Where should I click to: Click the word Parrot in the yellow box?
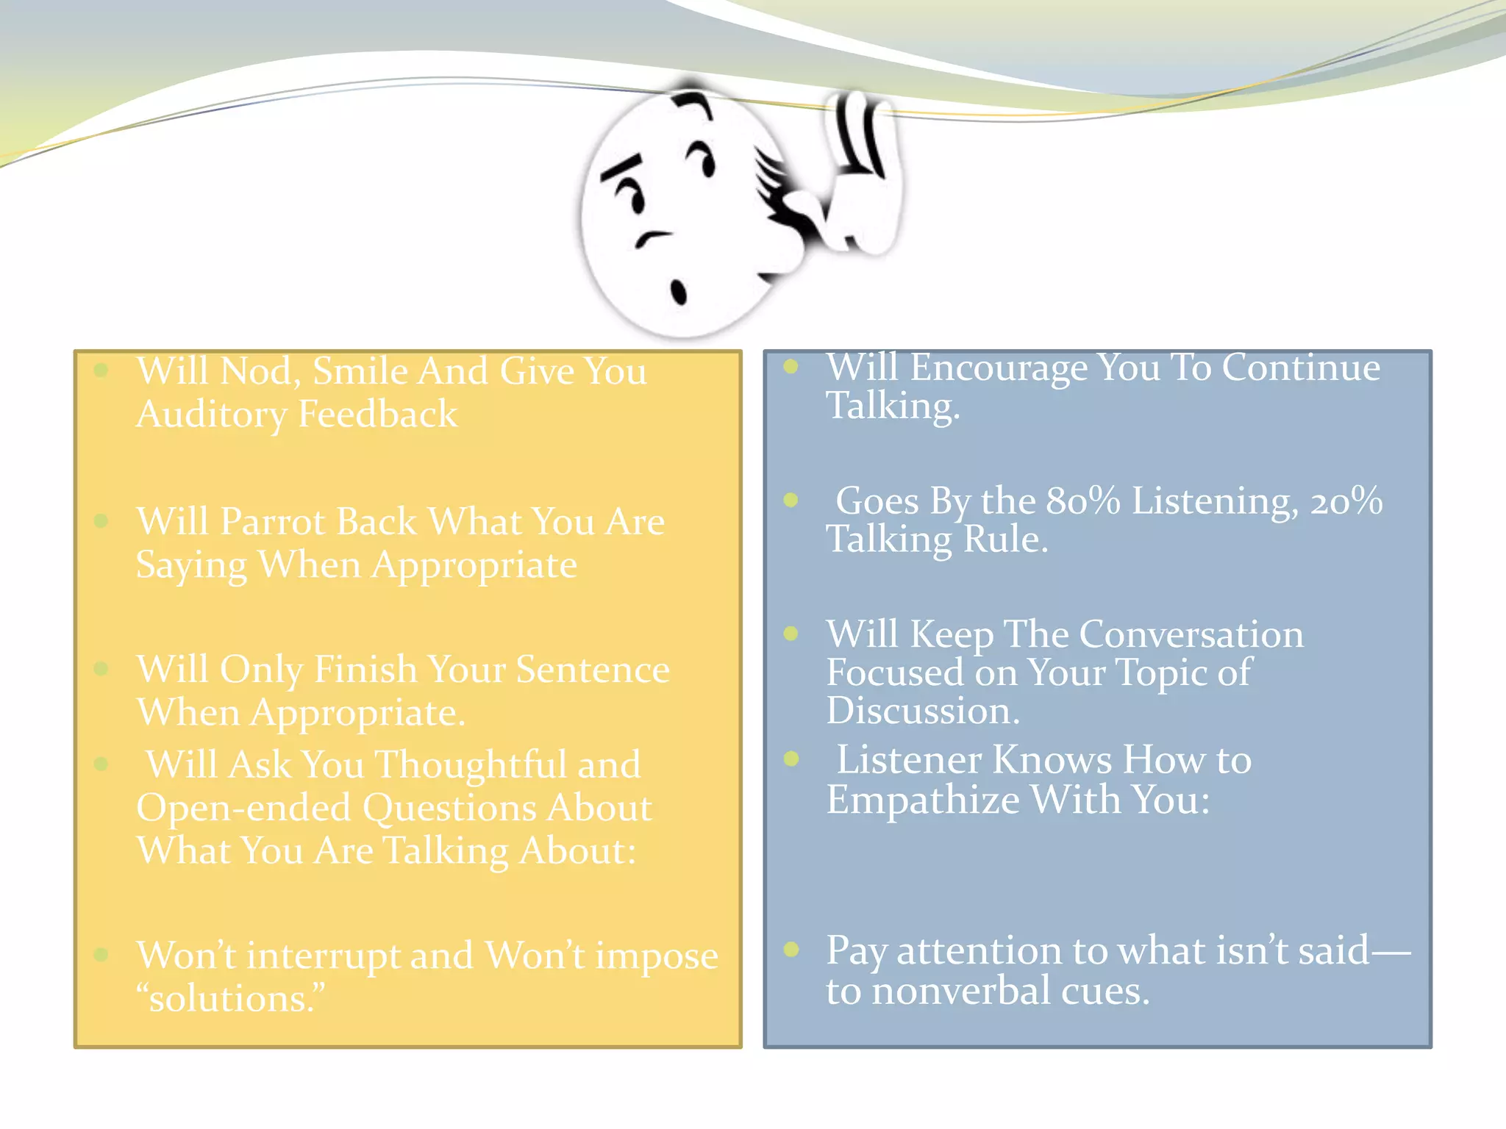272,523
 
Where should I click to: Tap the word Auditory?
212,415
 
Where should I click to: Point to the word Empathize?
922,800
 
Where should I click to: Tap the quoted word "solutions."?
230,999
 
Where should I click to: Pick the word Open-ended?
243,808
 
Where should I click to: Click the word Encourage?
999,368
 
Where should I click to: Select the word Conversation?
1191,634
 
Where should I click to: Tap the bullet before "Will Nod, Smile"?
101,370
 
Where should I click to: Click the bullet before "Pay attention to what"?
791,949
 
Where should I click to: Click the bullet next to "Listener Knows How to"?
791,759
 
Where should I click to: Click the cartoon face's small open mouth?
678,292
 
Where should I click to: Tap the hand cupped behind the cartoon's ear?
860,176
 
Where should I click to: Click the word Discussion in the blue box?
922,712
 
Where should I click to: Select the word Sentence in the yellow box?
592,670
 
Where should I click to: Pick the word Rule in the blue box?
1004,540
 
